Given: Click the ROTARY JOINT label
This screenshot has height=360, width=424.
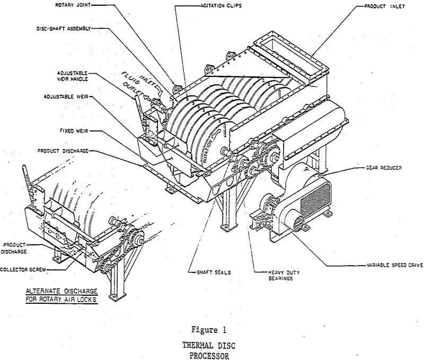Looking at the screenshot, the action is click(x=73, y=5).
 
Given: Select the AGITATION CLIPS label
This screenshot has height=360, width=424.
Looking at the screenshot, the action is click(x=221, y=6).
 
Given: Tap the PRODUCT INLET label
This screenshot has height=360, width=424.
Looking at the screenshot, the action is click(x=384, y=6).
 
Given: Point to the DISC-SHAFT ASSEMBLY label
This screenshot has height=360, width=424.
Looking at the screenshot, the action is click(x=64, y=29).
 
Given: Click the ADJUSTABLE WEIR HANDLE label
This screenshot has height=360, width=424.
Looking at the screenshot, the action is click(x=72, y=76).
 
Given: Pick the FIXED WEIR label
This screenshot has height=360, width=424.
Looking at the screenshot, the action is click(x=74, y=131).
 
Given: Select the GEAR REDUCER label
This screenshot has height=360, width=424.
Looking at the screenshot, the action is click(x=383, y=168).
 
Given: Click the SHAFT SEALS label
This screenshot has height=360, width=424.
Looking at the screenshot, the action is click(x=214, y=273).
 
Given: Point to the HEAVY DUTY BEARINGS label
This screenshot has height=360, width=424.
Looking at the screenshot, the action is click(x=284, y=275).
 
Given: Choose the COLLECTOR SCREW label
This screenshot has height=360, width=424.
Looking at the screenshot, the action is click(x=23, y=270).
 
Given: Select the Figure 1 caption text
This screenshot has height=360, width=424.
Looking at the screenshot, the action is click(x=209, y=330).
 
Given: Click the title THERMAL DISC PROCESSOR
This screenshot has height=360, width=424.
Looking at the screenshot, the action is click(x=209, y=350).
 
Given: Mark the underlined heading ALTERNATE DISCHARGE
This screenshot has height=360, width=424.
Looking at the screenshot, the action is click(x=61, y=292).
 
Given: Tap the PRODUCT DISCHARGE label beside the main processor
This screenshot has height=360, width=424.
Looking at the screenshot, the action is click(x=63, y=151).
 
